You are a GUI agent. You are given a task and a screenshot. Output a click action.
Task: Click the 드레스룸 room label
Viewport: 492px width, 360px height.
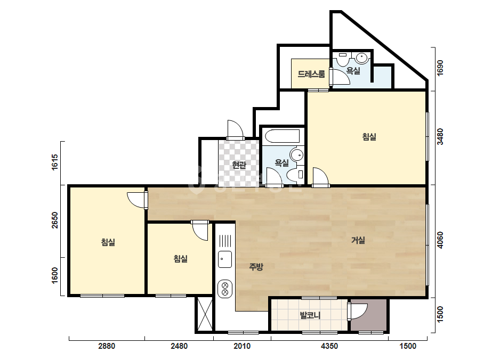tap(311, 74)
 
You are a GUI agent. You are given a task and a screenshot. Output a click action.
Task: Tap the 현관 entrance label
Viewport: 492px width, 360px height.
tap(239, 165)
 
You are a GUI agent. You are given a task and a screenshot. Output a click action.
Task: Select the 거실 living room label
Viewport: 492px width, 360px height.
tap(358, 240)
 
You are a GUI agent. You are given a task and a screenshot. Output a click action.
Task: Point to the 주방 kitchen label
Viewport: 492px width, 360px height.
tap(256, 267)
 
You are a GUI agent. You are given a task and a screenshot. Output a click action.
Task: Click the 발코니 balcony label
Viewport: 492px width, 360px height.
tap(310, 315)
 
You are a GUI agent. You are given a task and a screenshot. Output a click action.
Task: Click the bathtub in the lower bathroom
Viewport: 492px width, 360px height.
tap(283, 136)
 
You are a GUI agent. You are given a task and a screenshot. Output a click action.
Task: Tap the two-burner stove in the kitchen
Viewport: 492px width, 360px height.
tap(225, 289)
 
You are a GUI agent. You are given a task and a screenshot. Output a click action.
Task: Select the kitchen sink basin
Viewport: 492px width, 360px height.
tap(225, 259)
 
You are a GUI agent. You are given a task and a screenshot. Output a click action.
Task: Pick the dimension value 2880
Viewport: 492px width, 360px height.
tap(107, 346)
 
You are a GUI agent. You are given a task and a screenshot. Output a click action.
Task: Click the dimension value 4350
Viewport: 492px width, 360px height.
tap(329, 346)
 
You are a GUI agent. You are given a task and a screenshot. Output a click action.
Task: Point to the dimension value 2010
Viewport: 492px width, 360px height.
tap(242, 346)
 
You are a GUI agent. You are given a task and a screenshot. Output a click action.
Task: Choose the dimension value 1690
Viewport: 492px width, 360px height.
tap(440, 68)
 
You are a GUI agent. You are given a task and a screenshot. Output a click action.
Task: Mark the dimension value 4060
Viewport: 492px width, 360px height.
tap(440, 240)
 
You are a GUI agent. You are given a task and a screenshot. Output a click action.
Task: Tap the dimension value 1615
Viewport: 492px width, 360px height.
tap(54, 162)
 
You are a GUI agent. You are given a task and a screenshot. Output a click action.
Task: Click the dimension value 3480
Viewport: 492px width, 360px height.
tap(440, 137)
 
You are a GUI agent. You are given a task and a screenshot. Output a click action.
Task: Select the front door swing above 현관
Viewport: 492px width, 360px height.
tap(235, 129)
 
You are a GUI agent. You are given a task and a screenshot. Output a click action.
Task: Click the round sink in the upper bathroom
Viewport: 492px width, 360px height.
tap(362, 58)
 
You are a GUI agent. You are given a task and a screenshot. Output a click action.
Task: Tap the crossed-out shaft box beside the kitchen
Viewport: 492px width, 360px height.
tap(205, 314)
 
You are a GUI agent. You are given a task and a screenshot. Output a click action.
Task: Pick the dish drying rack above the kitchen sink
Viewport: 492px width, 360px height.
tap(225, 241)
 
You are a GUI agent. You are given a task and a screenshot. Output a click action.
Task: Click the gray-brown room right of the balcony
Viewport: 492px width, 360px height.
tap(369, 315)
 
